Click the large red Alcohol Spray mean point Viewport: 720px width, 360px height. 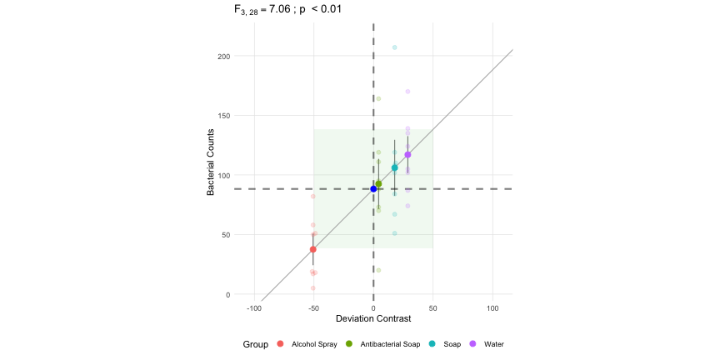(313, 249)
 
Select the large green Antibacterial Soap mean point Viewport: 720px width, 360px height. (378, 184)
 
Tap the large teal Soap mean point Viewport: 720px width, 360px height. (395, 167)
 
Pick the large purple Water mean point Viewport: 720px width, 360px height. (407, 155)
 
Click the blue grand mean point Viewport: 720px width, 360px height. (373, 189)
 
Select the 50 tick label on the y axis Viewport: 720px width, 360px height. (224, 235)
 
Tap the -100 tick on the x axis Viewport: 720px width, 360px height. (253, 307)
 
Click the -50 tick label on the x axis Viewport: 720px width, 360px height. (313, 307)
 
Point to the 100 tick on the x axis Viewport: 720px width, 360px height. (492, 307)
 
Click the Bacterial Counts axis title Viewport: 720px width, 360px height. (212, 162)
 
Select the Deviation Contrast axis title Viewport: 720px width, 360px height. (372, 319)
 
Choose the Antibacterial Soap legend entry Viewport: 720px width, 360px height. (390, 344)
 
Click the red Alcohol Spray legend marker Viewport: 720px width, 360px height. (280, 344)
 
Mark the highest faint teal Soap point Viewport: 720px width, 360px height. (395, 47)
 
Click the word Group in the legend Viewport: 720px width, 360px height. (255, 344)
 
